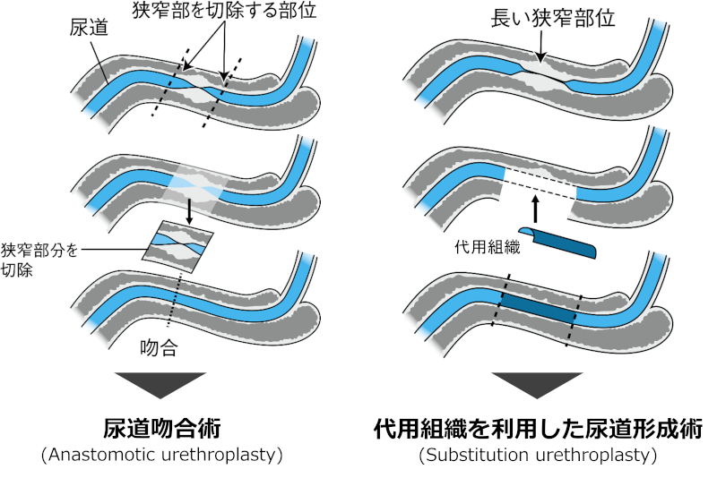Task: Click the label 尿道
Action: [x=90, y=29]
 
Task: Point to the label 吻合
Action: [x=163, y=348]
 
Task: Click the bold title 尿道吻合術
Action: [x=161, y=428]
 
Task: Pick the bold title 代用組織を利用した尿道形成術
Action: [x=538, y=428]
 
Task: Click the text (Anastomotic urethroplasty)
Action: [x=161, y=456]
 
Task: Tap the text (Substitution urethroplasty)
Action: [x=538, y=456]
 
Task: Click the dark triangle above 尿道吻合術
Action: [x=161, y=383]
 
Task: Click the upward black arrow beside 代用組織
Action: [x=535, y=209]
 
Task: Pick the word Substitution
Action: [x=472, y=456]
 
